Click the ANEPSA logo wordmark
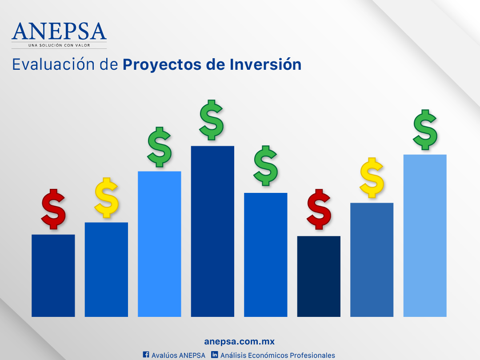pos(59,31)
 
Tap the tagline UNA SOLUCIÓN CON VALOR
pos(59,45)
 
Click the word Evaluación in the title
pos(53,64)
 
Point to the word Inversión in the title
pos(265,64)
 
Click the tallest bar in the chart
pos(212,232)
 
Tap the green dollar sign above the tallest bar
pos(211,120)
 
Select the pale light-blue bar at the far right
pos(425,236)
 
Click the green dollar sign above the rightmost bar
pos(425,130)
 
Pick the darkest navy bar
pos(319,276)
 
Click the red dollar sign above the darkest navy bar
pos(319,209)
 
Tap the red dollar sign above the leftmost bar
pos(53,209)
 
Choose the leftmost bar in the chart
pos(53,276)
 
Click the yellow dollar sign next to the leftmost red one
pos(107,198)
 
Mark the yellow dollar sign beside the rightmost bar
pos(372,178)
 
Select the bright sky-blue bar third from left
pos(160,244)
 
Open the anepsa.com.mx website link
pos(240,341)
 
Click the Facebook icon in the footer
pos(146,355)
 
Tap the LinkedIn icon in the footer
pos(215,355)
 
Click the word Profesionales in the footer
pos(312,355)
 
